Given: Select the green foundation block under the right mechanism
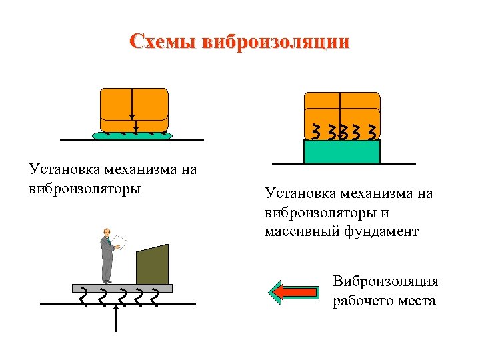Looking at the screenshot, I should coord(341,151).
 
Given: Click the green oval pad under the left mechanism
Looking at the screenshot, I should coord(133,135).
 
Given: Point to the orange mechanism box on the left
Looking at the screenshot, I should coord(133,109).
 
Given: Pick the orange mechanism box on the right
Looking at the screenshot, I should coord(341,107).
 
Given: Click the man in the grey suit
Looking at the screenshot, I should coord(107,257).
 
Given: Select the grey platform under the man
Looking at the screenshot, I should coord(122,288).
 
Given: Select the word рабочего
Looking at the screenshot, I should coord(365,301).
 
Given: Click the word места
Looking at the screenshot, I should coord(419,301).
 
